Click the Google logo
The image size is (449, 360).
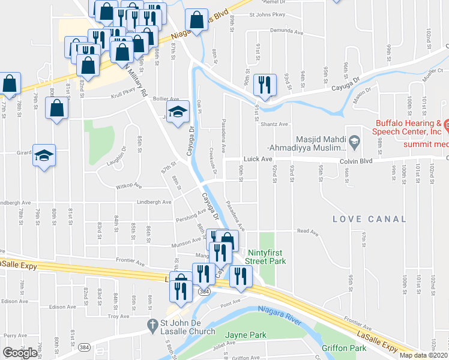pyautogui.click(x=20, y=352)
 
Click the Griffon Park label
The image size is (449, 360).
pyautogui.click(x=344, y=347)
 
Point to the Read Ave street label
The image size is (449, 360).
pyautogui.click(x=307, y=230)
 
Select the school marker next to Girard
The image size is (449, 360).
pyautogui.click(x=44, y=155)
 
